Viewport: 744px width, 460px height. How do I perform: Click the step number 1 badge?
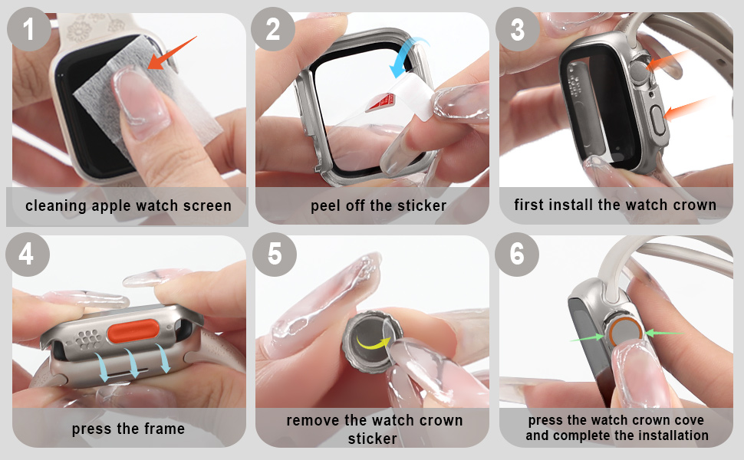(28, 31)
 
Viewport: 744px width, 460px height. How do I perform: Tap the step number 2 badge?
(274, 31)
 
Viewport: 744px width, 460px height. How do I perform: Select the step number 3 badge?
(518, 31)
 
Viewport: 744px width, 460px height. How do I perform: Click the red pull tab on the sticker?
(384, 99)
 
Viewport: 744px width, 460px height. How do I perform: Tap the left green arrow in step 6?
(586, 337)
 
